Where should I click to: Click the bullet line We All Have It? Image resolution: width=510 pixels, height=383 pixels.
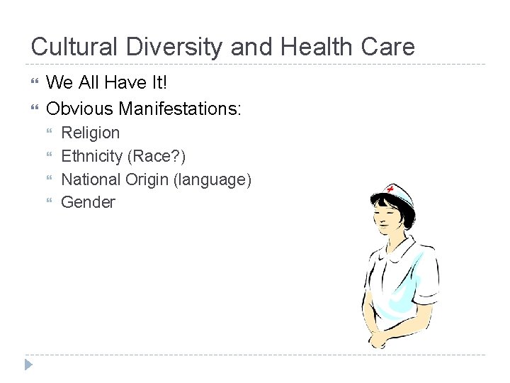click(x=107, y=82)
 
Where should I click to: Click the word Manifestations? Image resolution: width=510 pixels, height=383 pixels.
click(x=180, y=109)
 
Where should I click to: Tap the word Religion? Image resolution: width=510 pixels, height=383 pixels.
click(x=91, y=133)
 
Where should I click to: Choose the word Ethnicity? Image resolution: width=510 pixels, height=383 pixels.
click(x=91, y=156)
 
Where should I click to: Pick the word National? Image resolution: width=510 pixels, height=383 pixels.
click(x=91, y=179)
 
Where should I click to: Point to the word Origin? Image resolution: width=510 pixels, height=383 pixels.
click(x=147, y=179)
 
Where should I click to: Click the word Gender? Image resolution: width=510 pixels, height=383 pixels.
click(x=88, y=202)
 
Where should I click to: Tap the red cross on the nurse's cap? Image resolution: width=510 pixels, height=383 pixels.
click(x=390, y=189)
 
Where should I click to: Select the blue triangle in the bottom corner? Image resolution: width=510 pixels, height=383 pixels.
click(x=28, y=365)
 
